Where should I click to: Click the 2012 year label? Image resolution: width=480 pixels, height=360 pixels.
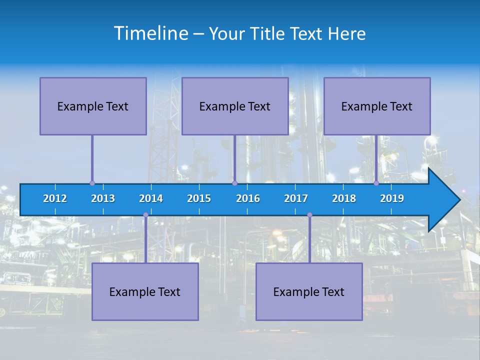(x=55, y=198)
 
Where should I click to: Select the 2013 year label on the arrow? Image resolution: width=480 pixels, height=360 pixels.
(x=103, y=198)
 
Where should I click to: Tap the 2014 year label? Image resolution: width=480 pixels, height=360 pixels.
(x=151, y=198)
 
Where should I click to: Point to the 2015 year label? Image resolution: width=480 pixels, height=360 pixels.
(x=199, y=198)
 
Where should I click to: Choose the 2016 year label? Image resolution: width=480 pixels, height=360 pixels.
(x=248, y=198)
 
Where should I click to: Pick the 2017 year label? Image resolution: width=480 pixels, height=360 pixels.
(x=296, y=198)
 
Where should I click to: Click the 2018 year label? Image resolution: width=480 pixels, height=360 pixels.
(x=344, y=198)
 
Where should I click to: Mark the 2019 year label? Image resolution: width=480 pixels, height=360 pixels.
(x=392, y=198)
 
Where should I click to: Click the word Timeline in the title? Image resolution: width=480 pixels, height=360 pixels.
(x=150, y=33)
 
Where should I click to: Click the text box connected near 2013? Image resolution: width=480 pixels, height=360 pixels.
(x=93, y=106)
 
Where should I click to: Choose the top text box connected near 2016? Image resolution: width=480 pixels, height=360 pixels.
(x=235, y=106)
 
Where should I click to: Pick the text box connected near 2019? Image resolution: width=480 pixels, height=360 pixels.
(x=377, y=106)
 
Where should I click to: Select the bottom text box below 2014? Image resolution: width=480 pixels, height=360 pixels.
(x=145, y=291)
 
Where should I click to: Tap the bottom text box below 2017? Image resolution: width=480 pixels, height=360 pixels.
(x=309, y=291)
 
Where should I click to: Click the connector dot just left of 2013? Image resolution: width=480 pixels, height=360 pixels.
(x=92, y=183)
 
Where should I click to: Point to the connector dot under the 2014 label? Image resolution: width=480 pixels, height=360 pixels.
(x=145, y=215)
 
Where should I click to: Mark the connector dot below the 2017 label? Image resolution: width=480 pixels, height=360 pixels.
(x=309, y=215)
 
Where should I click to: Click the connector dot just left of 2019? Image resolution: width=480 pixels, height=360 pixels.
(x=376, y=183)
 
